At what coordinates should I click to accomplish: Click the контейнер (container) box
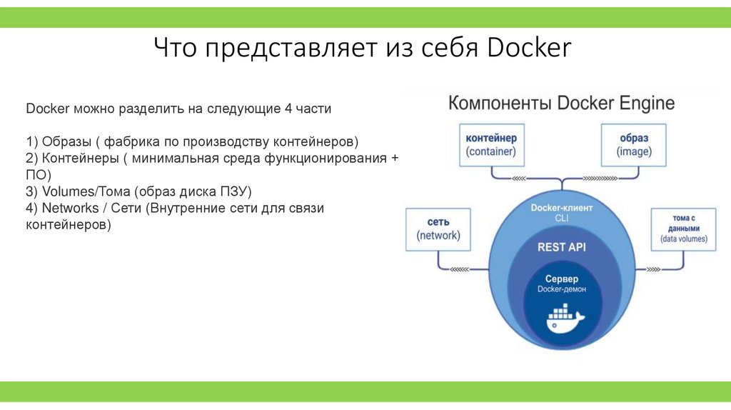(490, 144)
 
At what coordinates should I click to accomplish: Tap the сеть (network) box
(438, 229)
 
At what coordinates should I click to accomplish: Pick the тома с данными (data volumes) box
(683, 229)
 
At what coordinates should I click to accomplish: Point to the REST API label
(561, 247)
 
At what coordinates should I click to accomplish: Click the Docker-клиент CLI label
(562, 213)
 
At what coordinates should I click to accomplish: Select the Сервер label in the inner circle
(562, 279)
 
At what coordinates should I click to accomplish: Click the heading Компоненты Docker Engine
(561, 103)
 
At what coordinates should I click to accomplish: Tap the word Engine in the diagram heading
(645, 103)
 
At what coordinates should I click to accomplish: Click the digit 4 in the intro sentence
(288, 109)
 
